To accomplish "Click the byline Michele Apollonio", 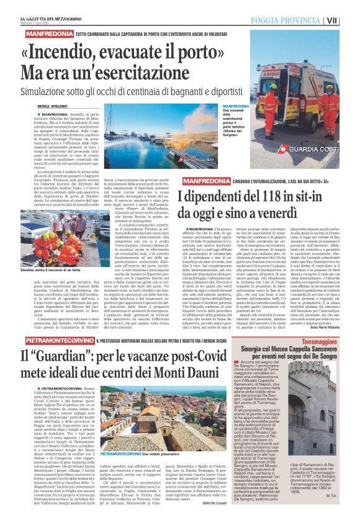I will pyautogui.click(x=55, y=107).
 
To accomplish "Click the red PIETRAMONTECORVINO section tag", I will pyautogui.click(x=58, y=341).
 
